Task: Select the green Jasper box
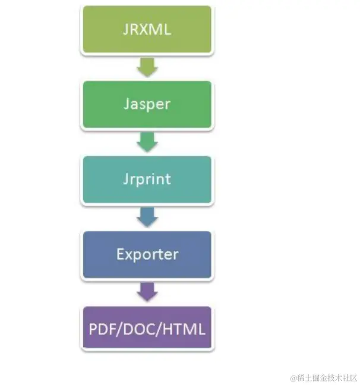(147, 104)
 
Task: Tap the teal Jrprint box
(147, 179)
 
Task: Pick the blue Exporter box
(147, 255)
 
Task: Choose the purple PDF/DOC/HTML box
(147, 328)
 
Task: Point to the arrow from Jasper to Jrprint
(147, 141)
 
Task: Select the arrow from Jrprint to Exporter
(147, 217)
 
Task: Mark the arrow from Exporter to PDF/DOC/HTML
(147, 292)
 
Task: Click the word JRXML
(147, 30)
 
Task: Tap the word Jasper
(147, 104)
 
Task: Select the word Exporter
(147, 255)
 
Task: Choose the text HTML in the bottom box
(182, 329)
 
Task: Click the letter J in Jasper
(127, 104)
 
